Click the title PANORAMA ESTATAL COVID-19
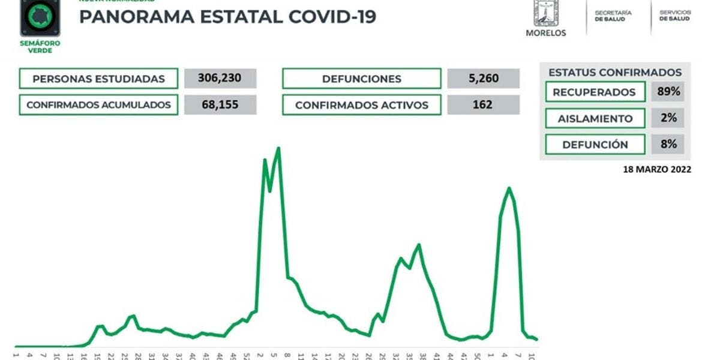coord(227,16)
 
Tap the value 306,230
coord(220,79)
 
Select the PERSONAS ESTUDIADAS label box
coord(98,79)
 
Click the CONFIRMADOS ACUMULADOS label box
coord(98,105)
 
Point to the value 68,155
coord(220,105)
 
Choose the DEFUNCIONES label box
coord(361,79)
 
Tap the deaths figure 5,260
coord(483,79)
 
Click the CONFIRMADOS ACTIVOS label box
coord(361,105)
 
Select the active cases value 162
coord(483,105)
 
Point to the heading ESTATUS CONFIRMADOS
coord(615,73)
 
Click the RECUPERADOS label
coord(594,92)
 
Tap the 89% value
coord(667,92)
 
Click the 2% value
coord(667,118)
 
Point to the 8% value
coord(667,145)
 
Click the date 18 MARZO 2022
coord(657,170)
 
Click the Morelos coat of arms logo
coord(545,13)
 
